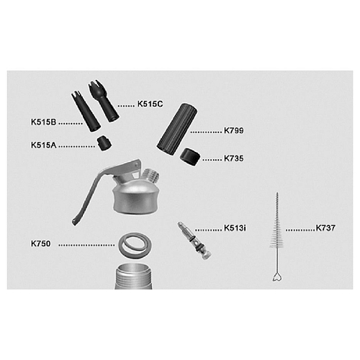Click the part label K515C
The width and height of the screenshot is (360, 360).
coord(150,104)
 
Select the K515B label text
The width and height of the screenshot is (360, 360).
coord(43,122)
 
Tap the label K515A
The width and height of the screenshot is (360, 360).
coord(43,145)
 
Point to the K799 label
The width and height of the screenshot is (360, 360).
coord(233,130)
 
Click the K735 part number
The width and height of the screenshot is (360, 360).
coord(233,158)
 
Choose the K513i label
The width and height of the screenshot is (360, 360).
coord(235,228)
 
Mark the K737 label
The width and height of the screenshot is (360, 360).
coord(325,228)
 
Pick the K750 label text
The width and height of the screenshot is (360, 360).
coord(40,243)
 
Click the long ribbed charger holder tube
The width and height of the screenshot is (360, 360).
coord(177,129)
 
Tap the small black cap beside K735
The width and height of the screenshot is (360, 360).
coord(190,157)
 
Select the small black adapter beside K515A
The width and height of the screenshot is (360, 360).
coord(104,143)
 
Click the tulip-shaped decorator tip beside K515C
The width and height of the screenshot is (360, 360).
coord(104,101)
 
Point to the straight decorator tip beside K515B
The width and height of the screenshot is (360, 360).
coord(86,112)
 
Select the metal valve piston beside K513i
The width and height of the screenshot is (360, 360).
coord(194,241)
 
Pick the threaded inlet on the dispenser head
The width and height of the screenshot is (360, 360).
coord(152,176)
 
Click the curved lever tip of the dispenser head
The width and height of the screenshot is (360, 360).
coord(75,221)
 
